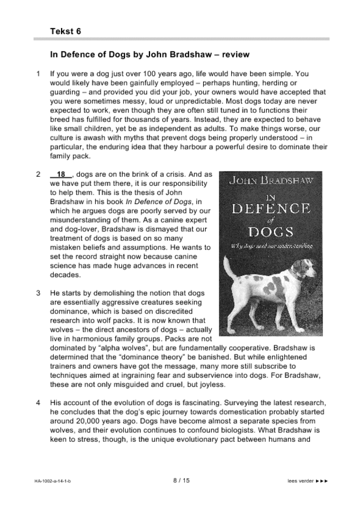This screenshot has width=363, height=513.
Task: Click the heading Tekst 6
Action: coord(65,31)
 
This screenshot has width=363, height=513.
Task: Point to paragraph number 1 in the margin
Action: coord(38,74)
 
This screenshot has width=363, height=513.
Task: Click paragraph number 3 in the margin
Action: coord(38,293)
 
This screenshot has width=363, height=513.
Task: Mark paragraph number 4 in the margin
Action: coord(38,403)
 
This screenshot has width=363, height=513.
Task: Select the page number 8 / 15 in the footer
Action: coord(181,482)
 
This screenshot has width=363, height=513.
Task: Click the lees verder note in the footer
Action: coord(308,482)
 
